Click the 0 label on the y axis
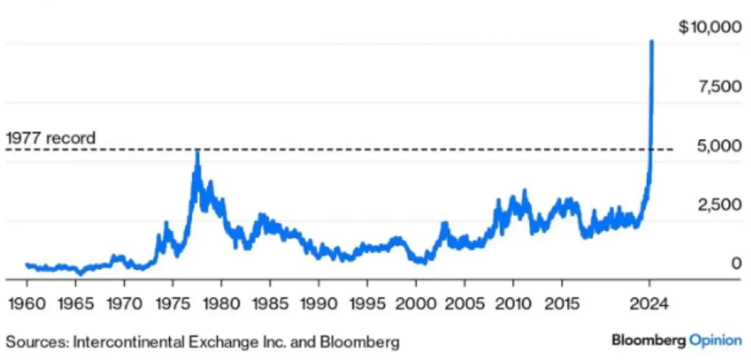[x=736, y=263]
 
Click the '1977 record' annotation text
[x=51, y=138]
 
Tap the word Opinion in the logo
[x=715, y=340]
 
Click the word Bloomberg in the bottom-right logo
[x=648, y=340]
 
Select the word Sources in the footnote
[x=36, y=341]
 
